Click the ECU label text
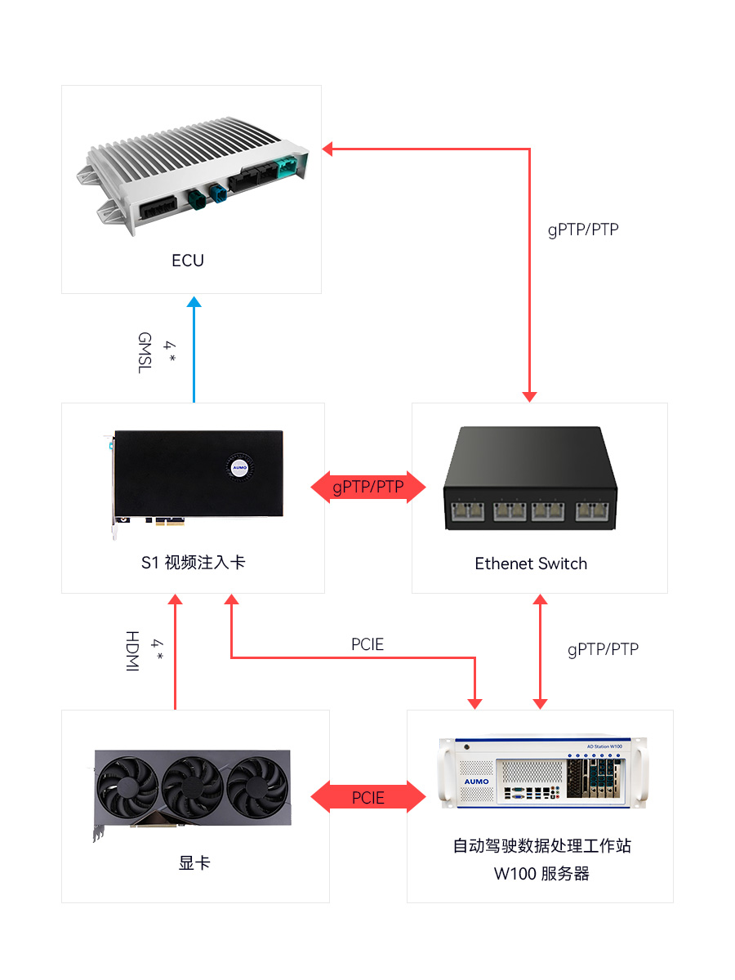pyautogui.click(x=188, y=261)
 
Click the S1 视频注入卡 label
pyautogui.click(x=193, y=563)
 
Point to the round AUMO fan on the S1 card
pyautogui.click(x=239, y=467)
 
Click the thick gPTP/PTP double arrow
pyautogui.click(x=368, y=488)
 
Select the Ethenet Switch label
pyautogui.click(x=531, y=563)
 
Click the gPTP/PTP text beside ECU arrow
pyautogui.click(x=583, y=229)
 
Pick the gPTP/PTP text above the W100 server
pyautogui.click(x=603, y=649)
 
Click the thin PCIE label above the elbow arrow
pyautogui.click(x=367, y=644)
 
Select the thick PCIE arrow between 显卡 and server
pyautogui.click(x=368, y=797)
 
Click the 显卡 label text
pyautogui.click(x=194, y=862)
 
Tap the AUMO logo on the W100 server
pyautogui.click(x=476, y=781)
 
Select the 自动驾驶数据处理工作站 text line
pyautogui.click(x=541, y=845)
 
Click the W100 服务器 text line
pyautogui.click(x=541, y=874)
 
